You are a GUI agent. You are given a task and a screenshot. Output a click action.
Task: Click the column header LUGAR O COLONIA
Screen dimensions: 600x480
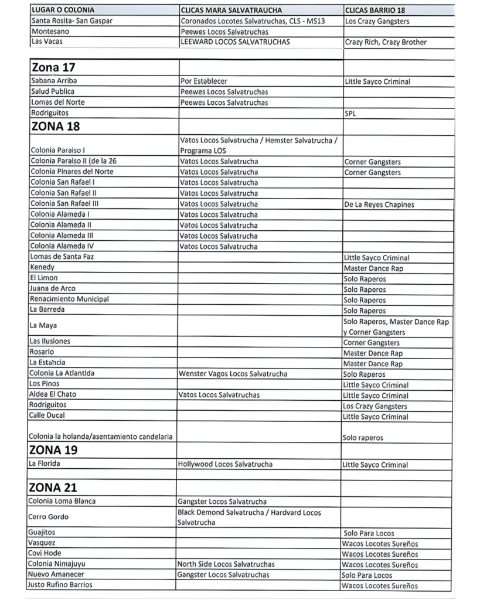coord(63,11)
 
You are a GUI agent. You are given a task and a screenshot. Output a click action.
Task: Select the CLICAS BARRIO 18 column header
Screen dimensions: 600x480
coord(375,11)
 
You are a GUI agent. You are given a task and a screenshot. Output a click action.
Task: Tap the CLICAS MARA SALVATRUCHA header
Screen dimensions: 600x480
coord(231,11)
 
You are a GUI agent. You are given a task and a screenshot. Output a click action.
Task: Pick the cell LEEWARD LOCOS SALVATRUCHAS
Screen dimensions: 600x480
coord(234,42)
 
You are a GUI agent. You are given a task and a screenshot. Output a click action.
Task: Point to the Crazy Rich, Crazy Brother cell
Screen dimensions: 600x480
coord(385,42)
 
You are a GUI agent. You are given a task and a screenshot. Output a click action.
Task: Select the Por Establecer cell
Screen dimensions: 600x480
coord(204,81)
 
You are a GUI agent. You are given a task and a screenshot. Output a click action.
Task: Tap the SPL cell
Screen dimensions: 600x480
coord(350,113)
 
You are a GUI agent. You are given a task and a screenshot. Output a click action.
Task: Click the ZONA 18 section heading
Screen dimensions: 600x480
coord(55,126)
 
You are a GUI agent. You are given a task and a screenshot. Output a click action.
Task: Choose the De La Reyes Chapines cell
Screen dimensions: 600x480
coord(379,204)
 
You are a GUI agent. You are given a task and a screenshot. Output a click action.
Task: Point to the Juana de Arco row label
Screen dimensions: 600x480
coord(53,288)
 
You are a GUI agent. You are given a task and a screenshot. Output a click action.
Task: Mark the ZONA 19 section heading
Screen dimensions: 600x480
coord(53,451)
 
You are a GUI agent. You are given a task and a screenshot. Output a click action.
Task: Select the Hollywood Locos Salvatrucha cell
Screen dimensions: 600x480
coord(226,465)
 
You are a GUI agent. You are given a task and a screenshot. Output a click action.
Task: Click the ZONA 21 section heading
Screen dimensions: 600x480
coord(53,487)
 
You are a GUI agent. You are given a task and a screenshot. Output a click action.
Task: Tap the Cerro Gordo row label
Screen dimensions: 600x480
coord(49,517)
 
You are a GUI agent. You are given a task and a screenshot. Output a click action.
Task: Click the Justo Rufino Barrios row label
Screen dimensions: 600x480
coord(60,585)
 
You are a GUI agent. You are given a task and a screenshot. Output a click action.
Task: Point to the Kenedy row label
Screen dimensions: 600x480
coord(42,267)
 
